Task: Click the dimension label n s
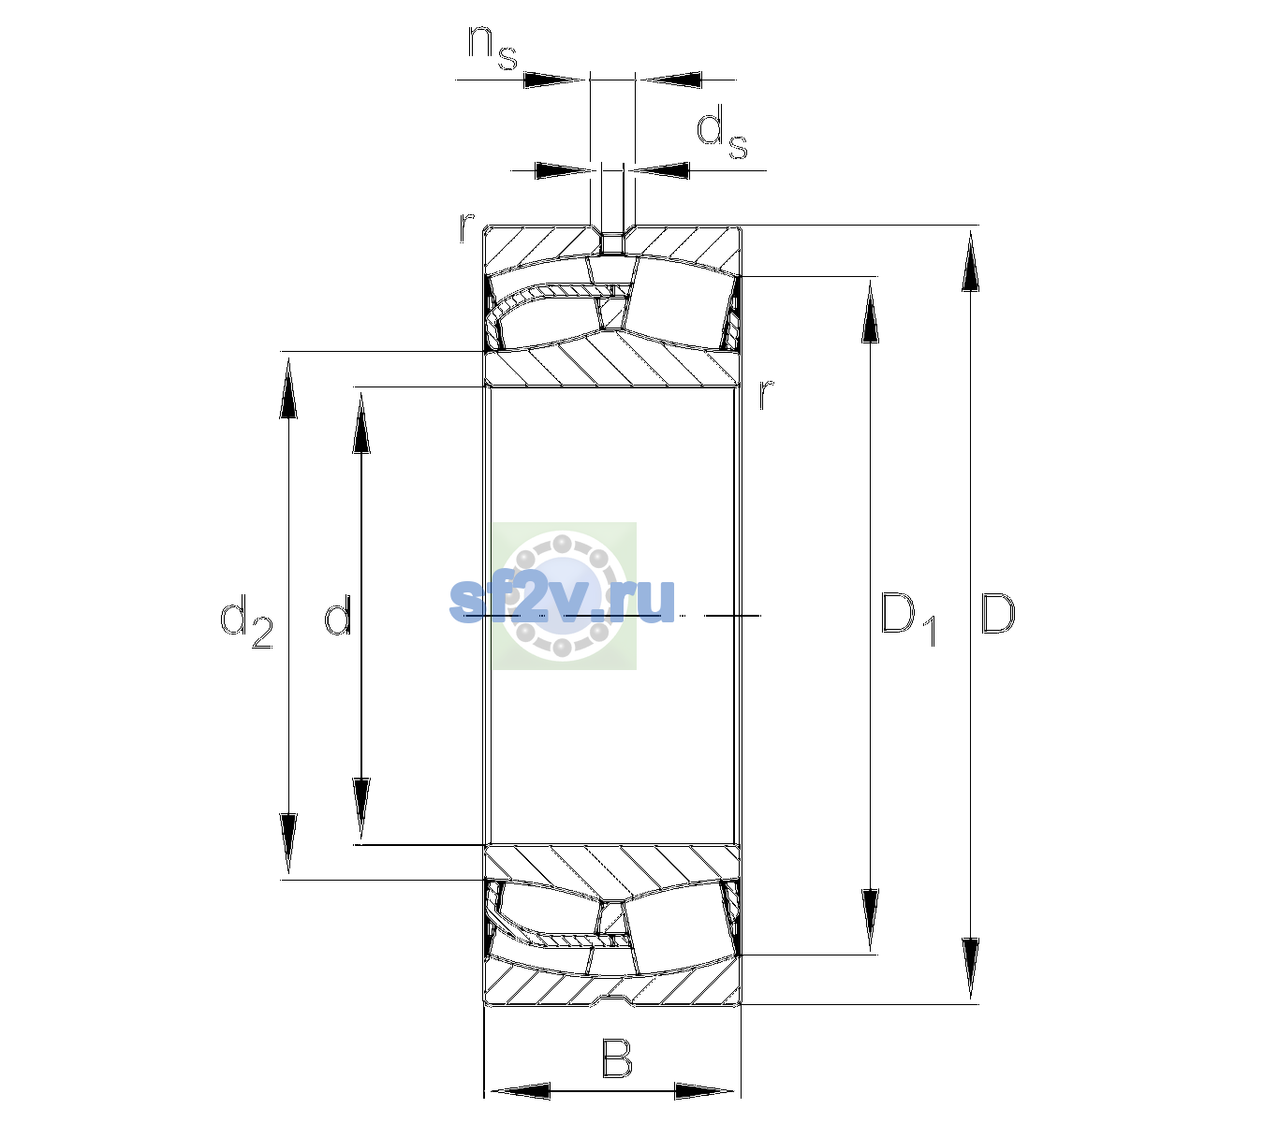pos(492,49)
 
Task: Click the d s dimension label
pos(721,132)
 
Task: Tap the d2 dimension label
pos(246,621)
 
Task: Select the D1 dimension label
pos(908,620)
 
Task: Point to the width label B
pos(616,1058)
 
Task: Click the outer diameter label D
pos(998,614)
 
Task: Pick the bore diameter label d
pos(337,615)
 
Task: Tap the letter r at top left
pos(466,227)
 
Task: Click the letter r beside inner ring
pos(766,394)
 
